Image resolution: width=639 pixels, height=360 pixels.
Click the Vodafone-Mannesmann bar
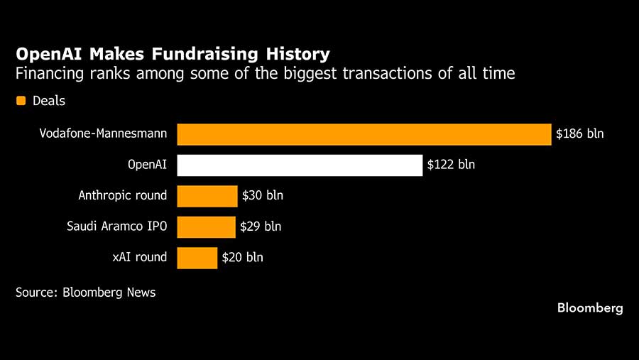tap(364, 134)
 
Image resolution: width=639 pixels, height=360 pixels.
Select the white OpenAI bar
tap(300, 165)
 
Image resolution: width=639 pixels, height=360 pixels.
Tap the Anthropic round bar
tap(207, 196)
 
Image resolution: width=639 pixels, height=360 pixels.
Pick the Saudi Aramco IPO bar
tap(206, 227)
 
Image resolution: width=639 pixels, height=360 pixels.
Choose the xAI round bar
tap(197, 257)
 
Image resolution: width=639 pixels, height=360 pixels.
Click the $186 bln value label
tap(579, 133)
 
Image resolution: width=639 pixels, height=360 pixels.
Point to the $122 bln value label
tap(451, 165)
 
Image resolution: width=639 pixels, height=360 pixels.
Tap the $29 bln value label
tap(261, 227)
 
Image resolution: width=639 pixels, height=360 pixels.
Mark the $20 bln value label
tap(242, 257)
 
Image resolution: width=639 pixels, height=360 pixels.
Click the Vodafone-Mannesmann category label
tap(104, 133)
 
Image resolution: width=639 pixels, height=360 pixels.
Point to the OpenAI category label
tap(147, 165)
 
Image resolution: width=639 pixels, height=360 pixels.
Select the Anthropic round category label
tap(123, 195)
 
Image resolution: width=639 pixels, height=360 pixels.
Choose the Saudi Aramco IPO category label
tap(117, 227)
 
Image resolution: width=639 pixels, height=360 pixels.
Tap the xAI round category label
tap(140, 257)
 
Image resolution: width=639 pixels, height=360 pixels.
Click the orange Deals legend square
tap(21, 101)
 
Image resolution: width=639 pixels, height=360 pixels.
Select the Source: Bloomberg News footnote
tap(85, 292)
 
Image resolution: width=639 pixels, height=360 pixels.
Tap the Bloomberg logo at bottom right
tap(590, 308)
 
